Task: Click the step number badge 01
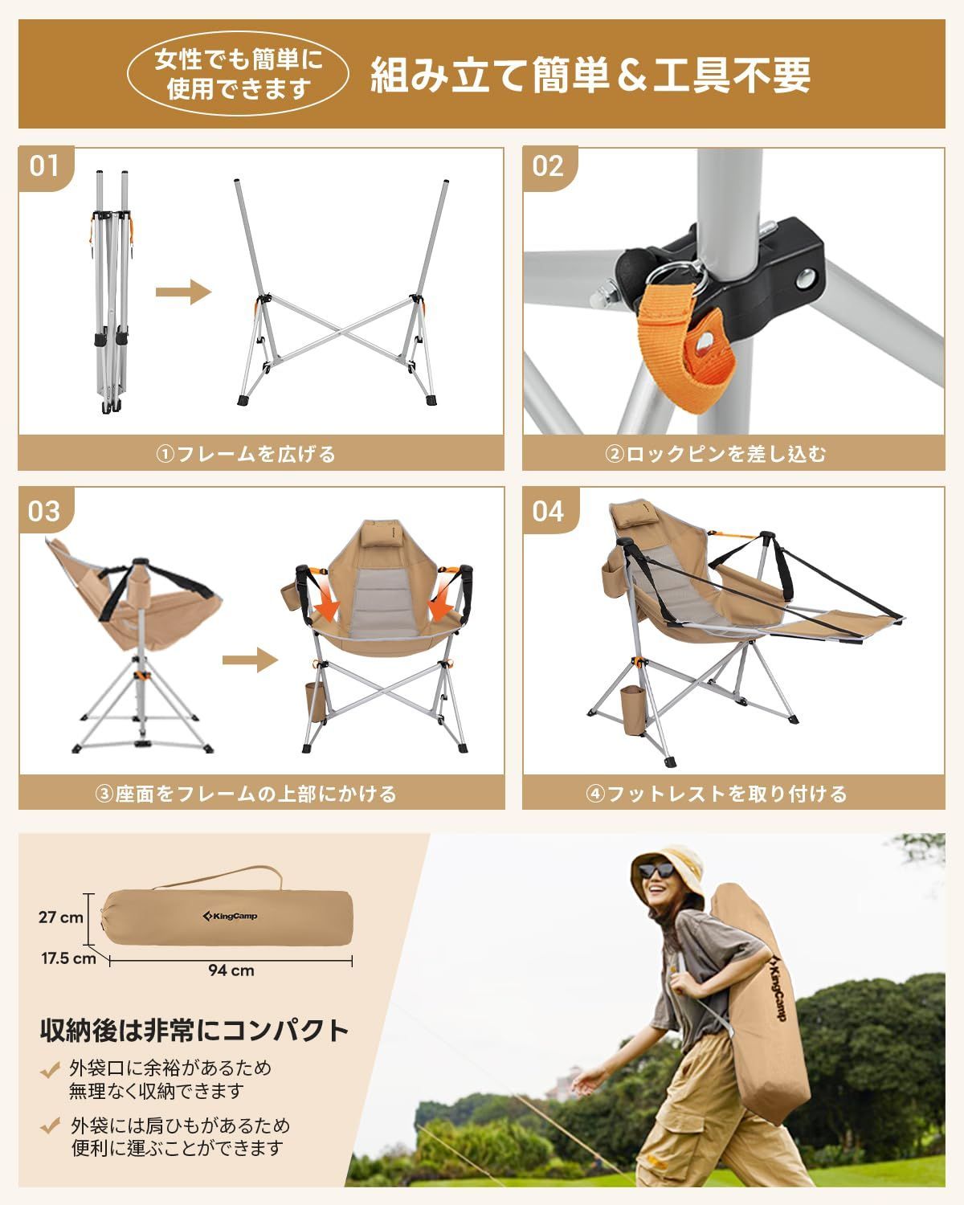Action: pyautogui.click(x=44, y=166)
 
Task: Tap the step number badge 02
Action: pyautogui.click(x=548, y=166)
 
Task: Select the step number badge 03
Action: pyautogui.click(x=44, y=510)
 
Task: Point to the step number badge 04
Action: pyautogui.click(x=548, y=510)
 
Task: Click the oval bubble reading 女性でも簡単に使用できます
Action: pyautogui.click(x=239, y=74)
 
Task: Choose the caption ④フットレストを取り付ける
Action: pyautogui.click(x=715, y=794)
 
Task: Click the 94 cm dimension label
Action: pyautogui.click(x=231, y=970)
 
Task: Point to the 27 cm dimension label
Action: pyautogui.click(x=60, y=917)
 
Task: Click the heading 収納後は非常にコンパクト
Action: pyautogui.click(x=194, y=1030)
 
